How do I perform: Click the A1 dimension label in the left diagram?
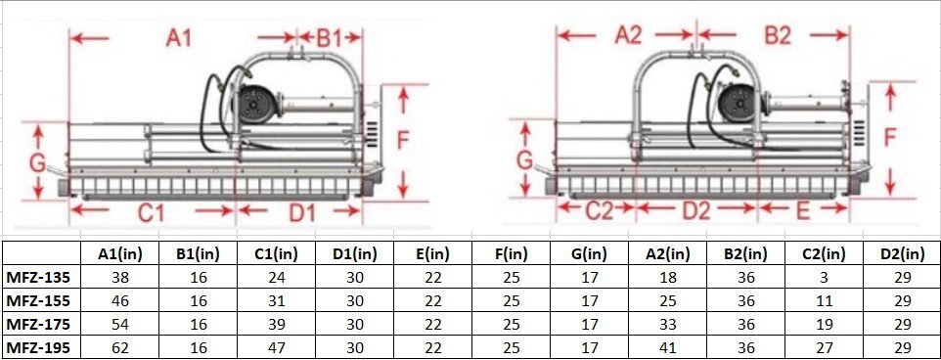coord(179,38)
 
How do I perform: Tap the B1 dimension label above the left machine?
coord(328,38)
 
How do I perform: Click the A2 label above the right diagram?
coord(628,36)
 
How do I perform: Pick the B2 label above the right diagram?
coord(778,36)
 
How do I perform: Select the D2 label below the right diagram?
coord(695,209)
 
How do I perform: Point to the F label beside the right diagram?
coord(889,138)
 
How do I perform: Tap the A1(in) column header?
coord(121,253)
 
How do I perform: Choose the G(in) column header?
coord(589,253)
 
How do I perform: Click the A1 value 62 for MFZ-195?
coord(121,346)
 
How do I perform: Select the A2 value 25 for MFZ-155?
coord(667,300)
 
